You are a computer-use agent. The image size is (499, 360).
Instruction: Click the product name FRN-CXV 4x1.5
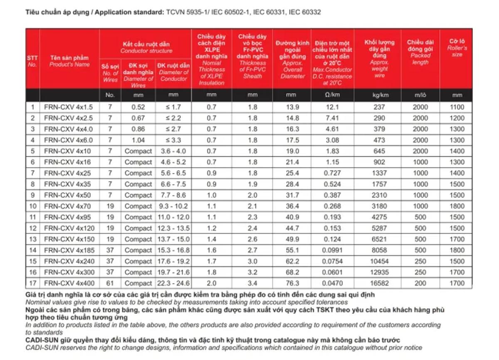[69, 107]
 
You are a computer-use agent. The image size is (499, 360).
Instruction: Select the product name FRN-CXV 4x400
[69, 284]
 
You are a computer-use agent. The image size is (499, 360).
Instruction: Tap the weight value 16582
[377, 284]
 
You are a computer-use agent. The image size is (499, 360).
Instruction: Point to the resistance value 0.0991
[333, 250]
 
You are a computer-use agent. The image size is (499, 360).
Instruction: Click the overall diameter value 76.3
[292, 284]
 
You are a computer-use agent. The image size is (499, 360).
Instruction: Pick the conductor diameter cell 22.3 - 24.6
[174, 284]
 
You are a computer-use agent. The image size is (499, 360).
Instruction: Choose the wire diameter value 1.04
[138, 141]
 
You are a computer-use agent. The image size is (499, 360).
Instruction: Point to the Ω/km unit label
[333, 95]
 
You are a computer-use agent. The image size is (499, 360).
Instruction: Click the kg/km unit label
[377, 95]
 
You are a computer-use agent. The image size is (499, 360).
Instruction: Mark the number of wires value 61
[110, 284]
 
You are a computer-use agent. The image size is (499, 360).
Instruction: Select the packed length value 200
[420, 284]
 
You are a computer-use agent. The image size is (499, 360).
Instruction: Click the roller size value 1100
[457, 107]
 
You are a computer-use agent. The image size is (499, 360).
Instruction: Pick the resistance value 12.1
[333, 107]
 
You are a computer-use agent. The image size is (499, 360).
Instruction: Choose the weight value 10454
[377, 261]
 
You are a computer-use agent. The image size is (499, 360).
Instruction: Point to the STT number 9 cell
[33, 195]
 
